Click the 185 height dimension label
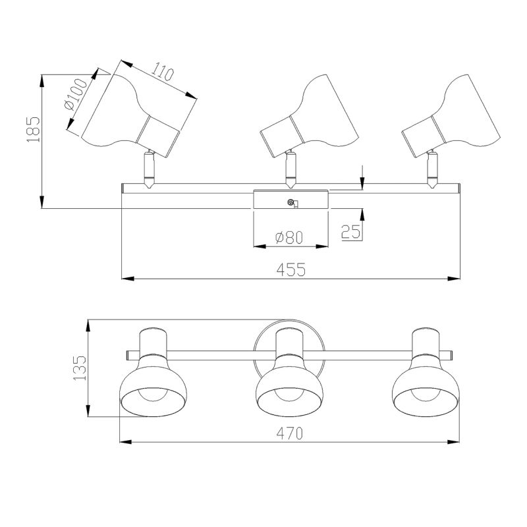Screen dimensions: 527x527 point(34,129)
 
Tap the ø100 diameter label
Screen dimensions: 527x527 point(75,94)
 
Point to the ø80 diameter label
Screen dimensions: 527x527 point(289,237)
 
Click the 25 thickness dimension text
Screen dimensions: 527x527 point(350,232)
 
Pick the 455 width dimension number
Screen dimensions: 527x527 point(291,269)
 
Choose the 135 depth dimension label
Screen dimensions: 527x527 point(80,368)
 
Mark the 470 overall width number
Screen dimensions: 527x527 point(290,433)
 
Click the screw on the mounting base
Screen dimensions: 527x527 point(291,202)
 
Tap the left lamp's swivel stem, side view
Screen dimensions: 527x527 point(149,169)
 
